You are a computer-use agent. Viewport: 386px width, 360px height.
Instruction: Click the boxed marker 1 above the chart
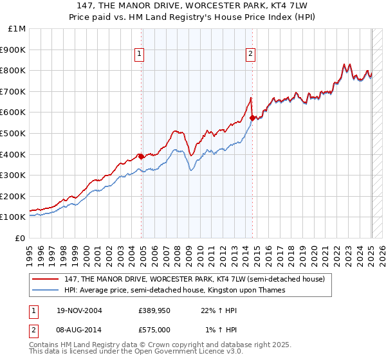(139, 55)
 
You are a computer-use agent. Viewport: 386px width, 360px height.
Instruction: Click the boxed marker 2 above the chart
(250, 55)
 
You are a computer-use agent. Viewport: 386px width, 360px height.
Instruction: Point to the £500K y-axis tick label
(14, 134)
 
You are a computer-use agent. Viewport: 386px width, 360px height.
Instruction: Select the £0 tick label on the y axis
(21, 238)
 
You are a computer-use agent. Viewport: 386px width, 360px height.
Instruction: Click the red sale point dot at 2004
(142, 156)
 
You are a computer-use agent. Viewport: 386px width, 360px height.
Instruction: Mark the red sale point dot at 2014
(252, 118)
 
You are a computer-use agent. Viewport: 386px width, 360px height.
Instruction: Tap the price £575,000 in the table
(154, 329)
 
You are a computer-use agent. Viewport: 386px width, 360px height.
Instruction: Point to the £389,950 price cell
(154, 310)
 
